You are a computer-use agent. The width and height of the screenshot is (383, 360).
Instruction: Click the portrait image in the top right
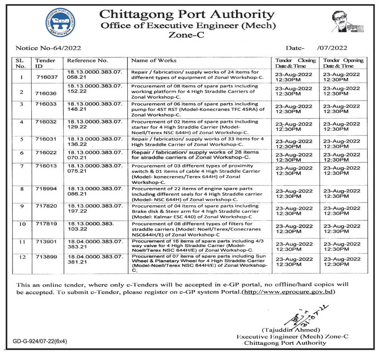click(x=346, y=22)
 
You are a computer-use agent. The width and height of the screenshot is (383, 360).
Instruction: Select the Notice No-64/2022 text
click(x=48, y=48)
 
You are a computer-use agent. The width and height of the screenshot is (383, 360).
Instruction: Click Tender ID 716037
click(x=45, y=77)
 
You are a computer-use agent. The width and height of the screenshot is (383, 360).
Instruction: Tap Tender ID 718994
click(x=45, y=189)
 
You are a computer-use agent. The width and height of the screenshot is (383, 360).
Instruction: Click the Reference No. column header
click(x=88, y=61)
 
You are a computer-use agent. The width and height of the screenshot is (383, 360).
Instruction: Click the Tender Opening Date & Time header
click(x=344, y=63)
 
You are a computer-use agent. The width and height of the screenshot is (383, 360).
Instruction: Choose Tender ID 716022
click(x=45, y=153)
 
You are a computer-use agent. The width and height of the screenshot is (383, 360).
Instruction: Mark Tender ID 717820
click(x=45, y=207)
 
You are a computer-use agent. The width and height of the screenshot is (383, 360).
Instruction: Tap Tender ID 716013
click(x=45, y=166)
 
